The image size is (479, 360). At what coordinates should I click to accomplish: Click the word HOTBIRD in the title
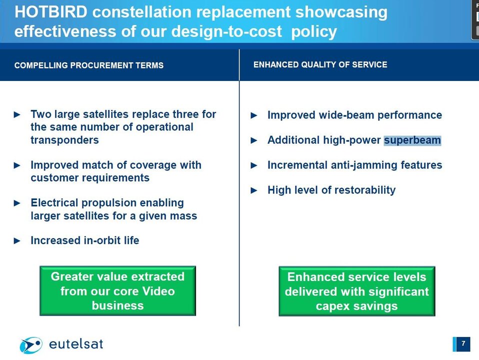click(x=51, y=12)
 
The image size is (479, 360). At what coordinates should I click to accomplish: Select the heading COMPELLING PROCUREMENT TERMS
click(x=89, y=65)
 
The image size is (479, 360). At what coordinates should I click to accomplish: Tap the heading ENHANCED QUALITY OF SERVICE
click(x=320, y=65)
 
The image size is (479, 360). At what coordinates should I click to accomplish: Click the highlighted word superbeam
click(x=412, y=140)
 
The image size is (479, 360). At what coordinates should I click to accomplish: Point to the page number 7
click(x=463, y=343)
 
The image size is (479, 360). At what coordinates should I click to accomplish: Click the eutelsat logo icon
click(x=31, y=345)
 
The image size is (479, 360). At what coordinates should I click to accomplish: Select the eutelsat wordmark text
click(x=76, y=344)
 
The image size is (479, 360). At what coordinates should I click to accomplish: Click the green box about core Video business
click(x=117, y=291)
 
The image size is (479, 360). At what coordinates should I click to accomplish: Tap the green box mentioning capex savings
click(x=357, y=291)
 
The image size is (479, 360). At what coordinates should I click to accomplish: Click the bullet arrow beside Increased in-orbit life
click(x=17, y=241)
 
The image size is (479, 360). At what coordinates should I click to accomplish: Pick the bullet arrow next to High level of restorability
click(x=254, y=190)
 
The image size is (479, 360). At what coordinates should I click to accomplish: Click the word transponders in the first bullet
click(x=65, y=140)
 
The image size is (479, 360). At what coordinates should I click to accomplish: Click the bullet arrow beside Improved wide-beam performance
click(x=254, y=115)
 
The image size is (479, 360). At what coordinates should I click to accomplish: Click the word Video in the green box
click(x=158, y=291)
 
